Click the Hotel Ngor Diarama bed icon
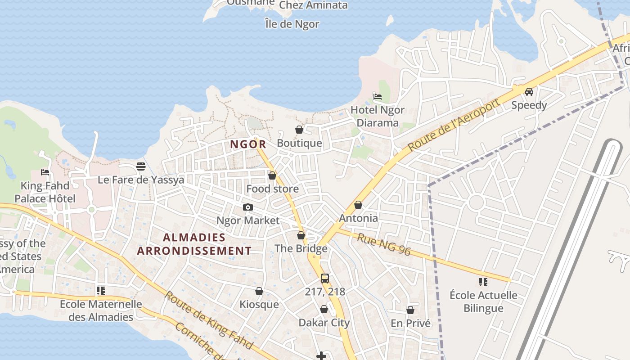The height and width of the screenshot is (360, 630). click(x=378, y=97)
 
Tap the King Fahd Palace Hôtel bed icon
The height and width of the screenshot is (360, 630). click(x=45, y=172)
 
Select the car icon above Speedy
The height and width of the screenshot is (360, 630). click(x=529, y=92)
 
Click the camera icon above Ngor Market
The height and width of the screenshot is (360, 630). click(x=247, y=207)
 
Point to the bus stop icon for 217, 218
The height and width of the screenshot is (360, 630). click(x=324, y=279)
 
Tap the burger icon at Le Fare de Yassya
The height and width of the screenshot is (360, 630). click(x=140, y=166)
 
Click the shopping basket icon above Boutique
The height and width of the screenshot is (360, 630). click(x=299, y=130)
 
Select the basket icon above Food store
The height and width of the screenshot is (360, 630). click(x=272, y=175)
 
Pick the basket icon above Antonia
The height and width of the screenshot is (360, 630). click(x=358, y=205)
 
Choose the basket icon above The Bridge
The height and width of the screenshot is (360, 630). click(x=301, y=235)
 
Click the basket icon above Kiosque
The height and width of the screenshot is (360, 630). click(x=259, y=291)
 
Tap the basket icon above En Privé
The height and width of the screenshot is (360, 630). click(x=410, y=310)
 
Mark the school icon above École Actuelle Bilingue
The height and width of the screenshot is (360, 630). click(x=483, y=282)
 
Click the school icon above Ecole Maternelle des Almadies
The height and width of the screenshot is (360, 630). click(x=101, y=291)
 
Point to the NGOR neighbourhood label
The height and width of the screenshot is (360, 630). click(x=248, y=144)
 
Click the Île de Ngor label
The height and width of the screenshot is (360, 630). click(x=292, y=24)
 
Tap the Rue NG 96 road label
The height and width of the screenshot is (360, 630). click(x=384, y=244)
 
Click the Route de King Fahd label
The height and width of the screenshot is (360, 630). click(x=208, y=320)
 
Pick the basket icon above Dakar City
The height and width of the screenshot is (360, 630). click(x=324, y=309)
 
